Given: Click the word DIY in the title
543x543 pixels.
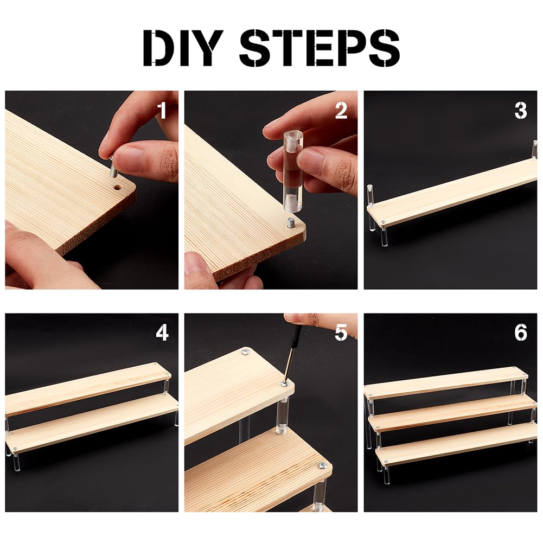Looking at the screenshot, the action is (183, 48).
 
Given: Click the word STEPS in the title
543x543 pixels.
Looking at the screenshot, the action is (320, 48).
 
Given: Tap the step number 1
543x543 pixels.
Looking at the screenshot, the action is (162, 110).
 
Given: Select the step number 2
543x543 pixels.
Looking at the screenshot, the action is (341, 111).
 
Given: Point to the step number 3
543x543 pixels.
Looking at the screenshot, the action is (521, 111).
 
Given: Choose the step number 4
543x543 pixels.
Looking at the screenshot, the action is (162, 333).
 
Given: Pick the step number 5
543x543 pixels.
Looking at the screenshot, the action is (341, 333).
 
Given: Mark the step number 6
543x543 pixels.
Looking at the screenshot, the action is (521, 333).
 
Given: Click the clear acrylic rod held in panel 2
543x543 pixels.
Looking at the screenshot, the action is (292, 170).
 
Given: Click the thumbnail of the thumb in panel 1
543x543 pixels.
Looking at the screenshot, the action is (128, 159).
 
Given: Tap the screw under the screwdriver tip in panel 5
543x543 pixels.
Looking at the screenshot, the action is (285, 384).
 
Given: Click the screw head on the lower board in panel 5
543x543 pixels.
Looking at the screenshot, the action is (322, 465).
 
